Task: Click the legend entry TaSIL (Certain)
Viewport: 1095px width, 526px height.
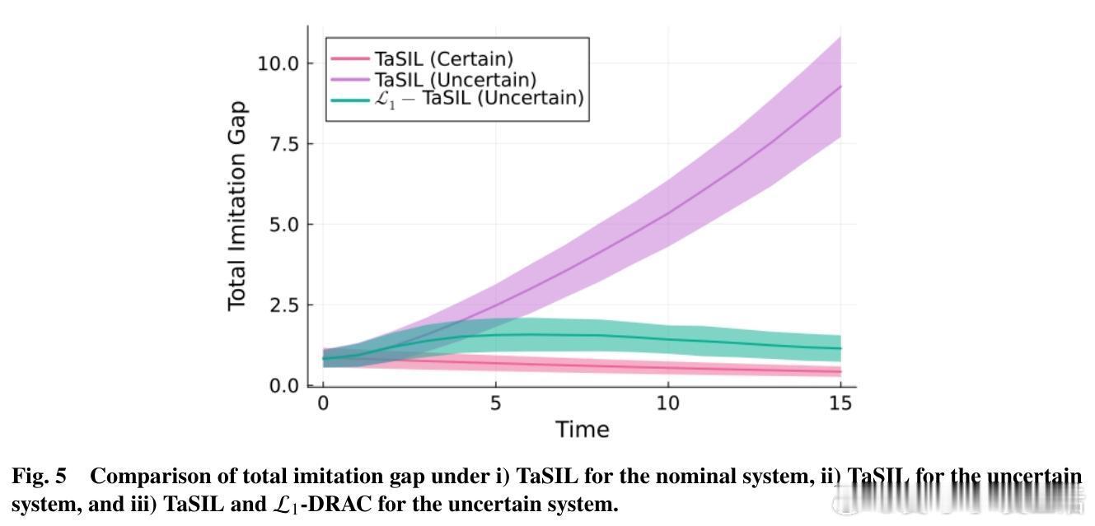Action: (x=444, y=59)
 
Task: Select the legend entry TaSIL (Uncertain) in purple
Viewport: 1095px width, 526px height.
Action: (x=456, y=79)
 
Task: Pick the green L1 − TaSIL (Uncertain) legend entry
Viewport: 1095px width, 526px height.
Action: (x=479, y=98)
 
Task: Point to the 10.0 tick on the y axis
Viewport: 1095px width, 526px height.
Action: (x=279, y=63)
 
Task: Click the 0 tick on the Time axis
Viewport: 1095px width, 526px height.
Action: (x=323, y=403)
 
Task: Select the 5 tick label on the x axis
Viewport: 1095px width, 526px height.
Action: (x=495, y=403)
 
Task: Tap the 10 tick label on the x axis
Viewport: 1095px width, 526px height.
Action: (x=668, y=403)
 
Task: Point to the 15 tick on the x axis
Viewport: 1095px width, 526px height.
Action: (x=840, y=403)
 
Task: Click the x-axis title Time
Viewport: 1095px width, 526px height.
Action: (x=582, y=430)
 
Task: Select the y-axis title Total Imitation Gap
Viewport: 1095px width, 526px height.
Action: (x=237, y=207)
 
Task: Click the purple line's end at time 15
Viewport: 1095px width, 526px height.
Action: (x=840, y=86)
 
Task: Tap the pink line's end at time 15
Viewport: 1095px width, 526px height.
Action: (x=840, y=372)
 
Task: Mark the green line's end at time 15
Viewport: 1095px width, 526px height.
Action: (x=840, y=348)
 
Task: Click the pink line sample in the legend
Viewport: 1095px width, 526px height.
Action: (x=349, y=59)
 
